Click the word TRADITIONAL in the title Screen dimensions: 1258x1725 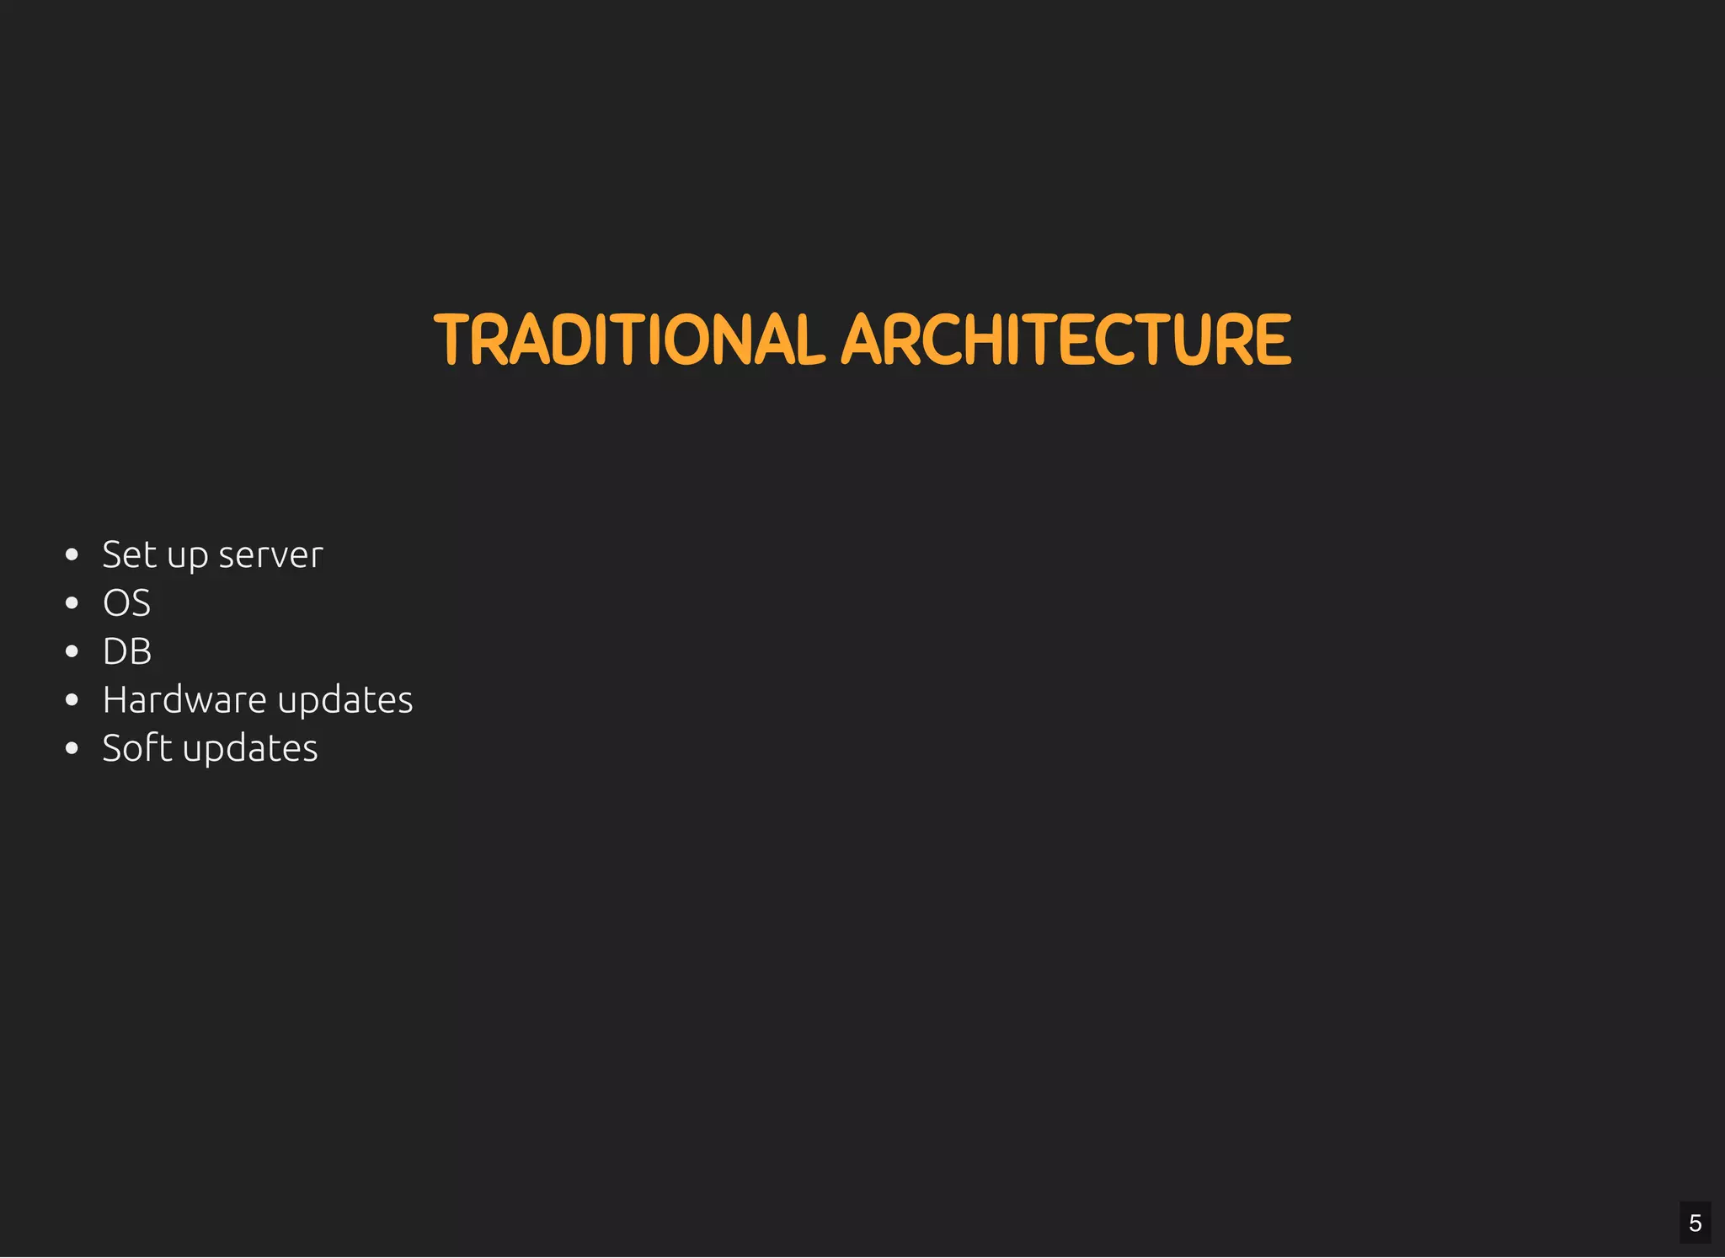(628, 340)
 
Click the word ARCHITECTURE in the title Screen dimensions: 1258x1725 (1065, 340)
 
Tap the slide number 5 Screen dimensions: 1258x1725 (1695, 1223)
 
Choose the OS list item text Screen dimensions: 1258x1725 (126, 603)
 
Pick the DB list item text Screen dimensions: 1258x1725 (127, 651)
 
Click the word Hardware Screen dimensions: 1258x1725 (184, 700)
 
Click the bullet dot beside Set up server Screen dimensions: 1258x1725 (72, 554)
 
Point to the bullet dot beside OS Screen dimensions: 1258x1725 (72, 603)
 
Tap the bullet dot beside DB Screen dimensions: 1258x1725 (72, 651)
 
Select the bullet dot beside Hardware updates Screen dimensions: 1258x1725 (72, 700)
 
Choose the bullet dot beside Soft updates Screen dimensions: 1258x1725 (72, 748)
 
